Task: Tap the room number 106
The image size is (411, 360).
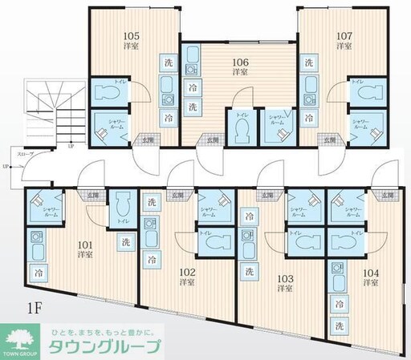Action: tap(239, 59)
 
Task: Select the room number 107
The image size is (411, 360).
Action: tap(344, 34)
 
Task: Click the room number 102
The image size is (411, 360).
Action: tap(187, 273)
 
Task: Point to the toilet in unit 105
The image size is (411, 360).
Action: tap(106, 94)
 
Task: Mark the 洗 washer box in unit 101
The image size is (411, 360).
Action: tap(125, 241)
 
